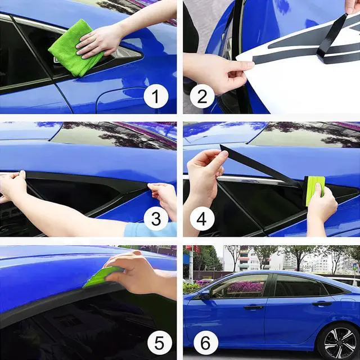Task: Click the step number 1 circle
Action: click(156, 96)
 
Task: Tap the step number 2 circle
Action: click(202, 96)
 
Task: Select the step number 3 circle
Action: click(156, 219)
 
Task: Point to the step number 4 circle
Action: click(202, 219)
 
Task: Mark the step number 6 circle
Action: click(206, 343)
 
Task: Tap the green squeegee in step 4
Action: click(314, 190)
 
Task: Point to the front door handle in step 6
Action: click(253, 307)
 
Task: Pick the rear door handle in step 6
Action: click(322, 304)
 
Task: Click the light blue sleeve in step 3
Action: click(150, 229)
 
